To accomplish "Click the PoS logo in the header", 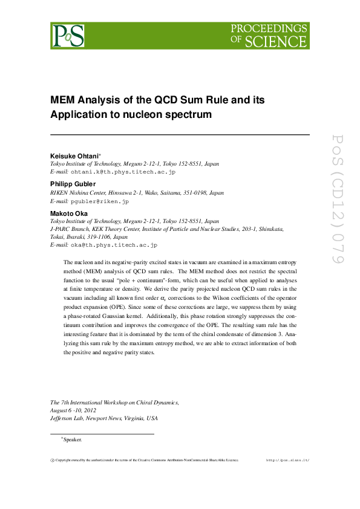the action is [68, 35].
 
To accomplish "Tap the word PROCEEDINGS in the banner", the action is [269, 28].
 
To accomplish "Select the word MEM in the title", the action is [62, 100].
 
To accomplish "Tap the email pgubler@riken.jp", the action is [99, 201].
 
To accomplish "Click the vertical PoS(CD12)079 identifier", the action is [338, 199].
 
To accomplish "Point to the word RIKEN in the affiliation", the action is [58, 193].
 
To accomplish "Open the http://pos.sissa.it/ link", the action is [288, 460].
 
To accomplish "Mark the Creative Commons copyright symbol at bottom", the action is [51, 460].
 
